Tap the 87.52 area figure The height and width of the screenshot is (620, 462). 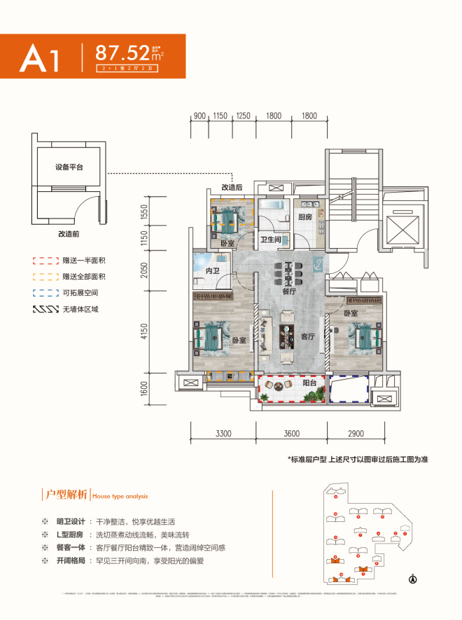click(122, 53)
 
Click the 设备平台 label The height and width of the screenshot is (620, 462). click(70, 167)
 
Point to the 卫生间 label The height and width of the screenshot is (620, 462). click(272, 240)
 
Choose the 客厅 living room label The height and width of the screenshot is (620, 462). click(309, 336)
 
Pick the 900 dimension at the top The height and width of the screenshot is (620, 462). click(199, 116)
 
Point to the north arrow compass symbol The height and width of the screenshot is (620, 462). click(412, 579)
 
